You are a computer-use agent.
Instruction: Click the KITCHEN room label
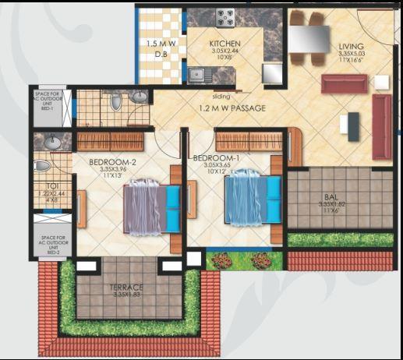(224, 44)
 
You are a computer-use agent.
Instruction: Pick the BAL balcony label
(338, 199)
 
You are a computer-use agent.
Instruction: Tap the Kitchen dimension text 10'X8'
(224, 58)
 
